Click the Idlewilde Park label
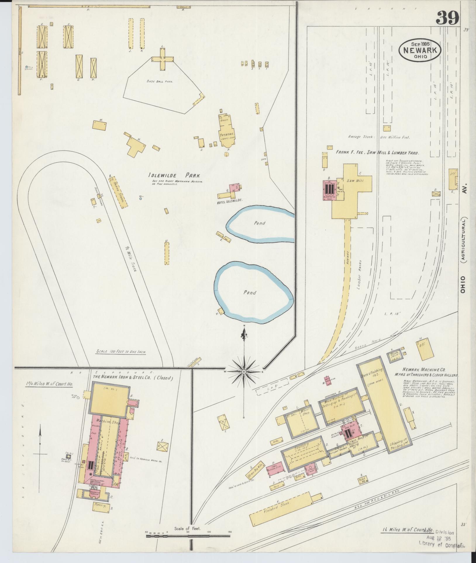point(174,176)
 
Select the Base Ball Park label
point(160,82)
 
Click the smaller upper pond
point(260,224)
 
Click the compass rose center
point(244,371)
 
